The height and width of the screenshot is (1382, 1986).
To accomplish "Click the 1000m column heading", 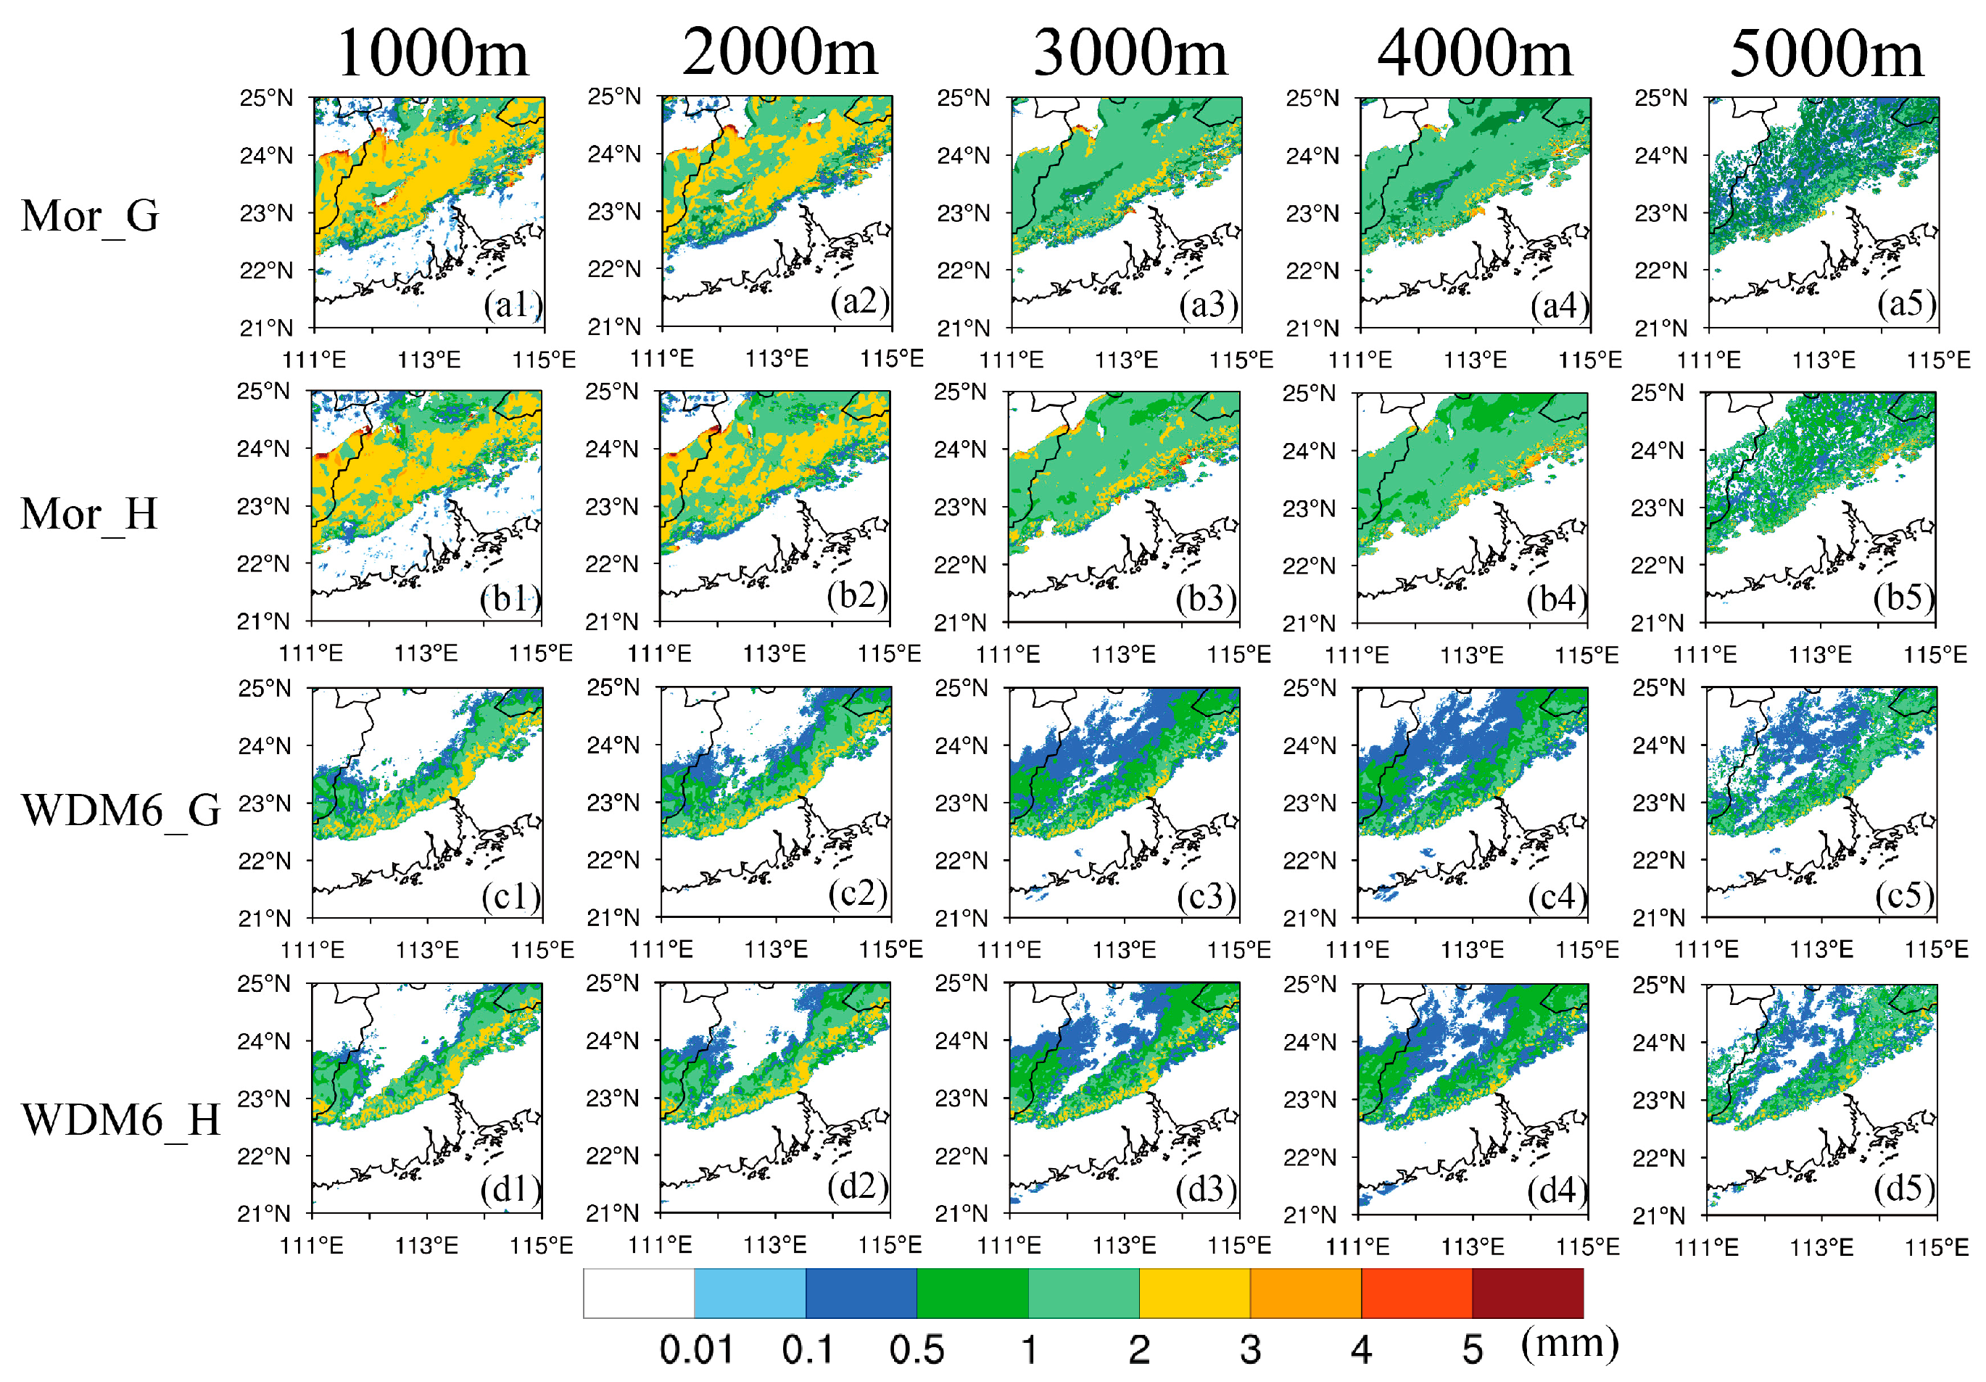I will pos(431,54).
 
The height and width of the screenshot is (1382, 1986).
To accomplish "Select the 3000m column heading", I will pos(1130,54).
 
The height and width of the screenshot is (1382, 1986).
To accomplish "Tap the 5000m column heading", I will pos(1826,54).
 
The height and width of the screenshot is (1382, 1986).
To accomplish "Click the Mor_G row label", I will pos(89,215).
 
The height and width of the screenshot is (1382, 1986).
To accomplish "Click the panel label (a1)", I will pos(512,305).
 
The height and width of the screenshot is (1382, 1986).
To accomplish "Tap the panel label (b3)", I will pos(1206,598).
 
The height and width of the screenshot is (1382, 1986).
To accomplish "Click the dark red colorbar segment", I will pos(1527,1293).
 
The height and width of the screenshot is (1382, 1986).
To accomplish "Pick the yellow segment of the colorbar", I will pos(1193,1293).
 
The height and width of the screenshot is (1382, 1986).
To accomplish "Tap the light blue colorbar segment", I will pos(749,1293).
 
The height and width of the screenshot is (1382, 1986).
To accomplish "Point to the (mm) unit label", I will pos(1569,1343).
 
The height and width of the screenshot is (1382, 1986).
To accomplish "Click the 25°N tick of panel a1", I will pos(266,98).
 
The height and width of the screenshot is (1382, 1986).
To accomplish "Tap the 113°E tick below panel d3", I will pos(1124,1246).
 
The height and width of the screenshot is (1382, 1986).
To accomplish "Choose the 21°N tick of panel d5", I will pos(1658,1215).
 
